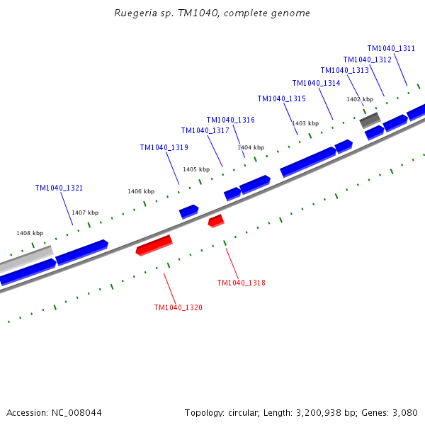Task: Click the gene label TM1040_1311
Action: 391,48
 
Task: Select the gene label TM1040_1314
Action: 317,83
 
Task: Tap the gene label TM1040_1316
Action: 231,120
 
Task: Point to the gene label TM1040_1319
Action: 164,147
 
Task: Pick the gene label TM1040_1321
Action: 59,188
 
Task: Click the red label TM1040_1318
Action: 242,283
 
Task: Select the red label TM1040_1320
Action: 178,307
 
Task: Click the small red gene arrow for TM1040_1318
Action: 216,221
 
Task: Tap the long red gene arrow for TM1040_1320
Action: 154,245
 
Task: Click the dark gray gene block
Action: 370,120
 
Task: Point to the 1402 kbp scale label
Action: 360,99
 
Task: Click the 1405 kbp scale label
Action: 196,170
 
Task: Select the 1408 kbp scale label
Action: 30,233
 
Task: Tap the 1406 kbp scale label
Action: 141,192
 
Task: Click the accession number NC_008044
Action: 76,413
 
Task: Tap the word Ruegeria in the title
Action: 135,13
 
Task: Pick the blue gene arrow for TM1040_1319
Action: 189,212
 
